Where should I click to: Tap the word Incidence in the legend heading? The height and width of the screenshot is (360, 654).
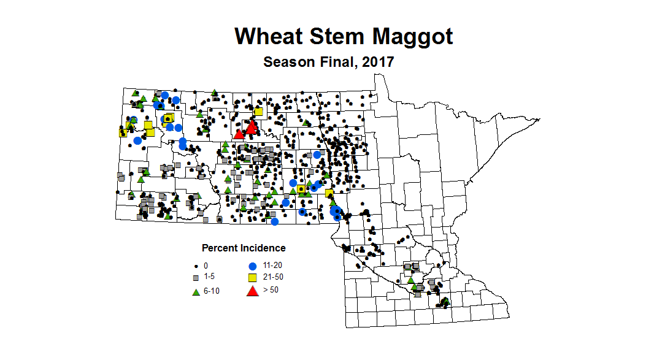(x=263, y=248)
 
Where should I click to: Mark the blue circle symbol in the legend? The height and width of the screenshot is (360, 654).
(x=252, y=266)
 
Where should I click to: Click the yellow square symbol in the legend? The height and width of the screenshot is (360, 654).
(x=252, y=278)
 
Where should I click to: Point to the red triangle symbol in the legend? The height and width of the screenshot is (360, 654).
(x=252, y=291)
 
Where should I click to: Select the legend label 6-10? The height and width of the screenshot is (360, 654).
(x=212, y=291)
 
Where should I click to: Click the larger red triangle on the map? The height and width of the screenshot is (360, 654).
(x=252, y=127)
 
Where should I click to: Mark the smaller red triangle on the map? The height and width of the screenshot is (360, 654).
(x=239, y=134)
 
